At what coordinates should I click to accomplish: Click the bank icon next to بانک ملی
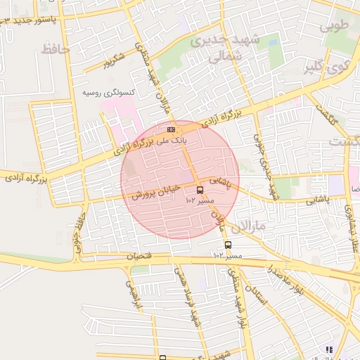(171, 130)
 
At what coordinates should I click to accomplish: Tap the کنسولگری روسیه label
(109, 93)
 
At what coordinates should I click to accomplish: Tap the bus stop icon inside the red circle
(200, 191)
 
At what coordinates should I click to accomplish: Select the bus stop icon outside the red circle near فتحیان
(228, 245)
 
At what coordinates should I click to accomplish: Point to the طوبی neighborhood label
(335, 27)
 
